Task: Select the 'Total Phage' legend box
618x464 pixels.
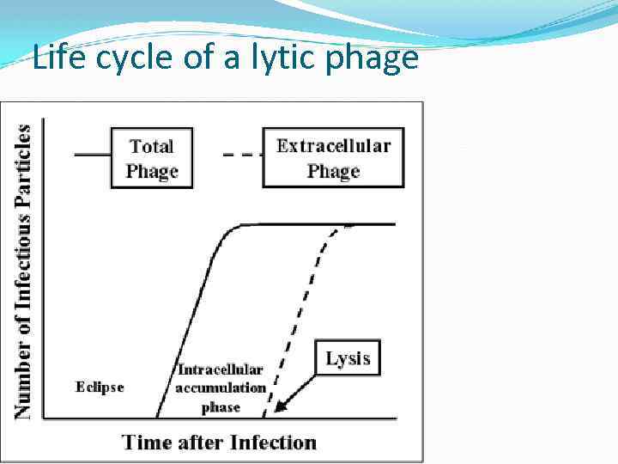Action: point(150,158)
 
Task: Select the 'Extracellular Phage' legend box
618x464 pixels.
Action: point(333,158)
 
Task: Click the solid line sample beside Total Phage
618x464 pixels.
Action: point(92,155)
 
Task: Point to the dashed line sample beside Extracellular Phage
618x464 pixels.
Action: point(241,155)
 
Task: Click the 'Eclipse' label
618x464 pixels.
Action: point(100,388)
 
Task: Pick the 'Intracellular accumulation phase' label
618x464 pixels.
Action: point(221,388)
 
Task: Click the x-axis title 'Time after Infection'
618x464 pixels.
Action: point(219,443)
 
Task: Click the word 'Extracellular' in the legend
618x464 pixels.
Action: point(333,145)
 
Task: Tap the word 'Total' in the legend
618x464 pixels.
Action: point(151,146)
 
